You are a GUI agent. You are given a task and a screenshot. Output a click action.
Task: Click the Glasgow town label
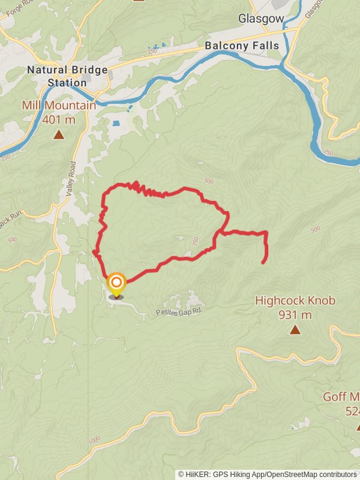click(260, 19)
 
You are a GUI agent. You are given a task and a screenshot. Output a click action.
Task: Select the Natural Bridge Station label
click(67, 76)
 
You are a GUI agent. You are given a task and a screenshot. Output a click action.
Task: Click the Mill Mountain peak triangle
click(59, 134)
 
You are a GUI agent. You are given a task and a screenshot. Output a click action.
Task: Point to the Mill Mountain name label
click(59, 106)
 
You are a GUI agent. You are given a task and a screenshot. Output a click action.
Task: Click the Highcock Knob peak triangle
click(295, 329)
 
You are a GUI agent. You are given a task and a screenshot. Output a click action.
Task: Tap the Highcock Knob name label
click(295, 301)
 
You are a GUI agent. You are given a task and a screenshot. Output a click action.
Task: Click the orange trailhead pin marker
click(116, 283)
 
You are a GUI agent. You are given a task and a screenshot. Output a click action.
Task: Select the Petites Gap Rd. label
click(180, 312)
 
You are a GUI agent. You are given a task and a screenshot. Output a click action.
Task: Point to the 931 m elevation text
click(295, 314)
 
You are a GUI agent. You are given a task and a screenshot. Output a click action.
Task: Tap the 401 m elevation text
click(59, 119)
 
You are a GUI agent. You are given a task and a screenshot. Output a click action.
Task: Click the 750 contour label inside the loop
click(195, 241)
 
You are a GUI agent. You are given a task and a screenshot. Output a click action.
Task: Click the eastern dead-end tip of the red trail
click(263, 262)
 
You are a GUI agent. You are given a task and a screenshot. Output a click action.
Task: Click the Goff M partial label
click(341, 397)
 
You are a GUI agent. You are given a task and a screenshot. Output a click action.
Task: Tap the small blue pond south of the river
click(116, 124)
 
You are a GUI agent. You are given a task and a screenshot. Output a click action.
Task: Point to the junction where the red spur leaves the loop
click(220, 232)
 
